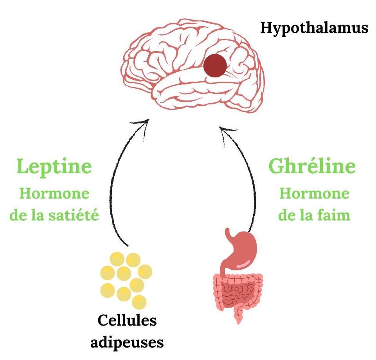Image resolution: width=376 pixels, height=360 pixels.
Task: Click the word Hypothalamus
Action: [x=315, y=29]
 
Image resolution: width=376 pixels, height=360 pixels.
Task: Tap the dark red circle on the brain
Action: [x=215, y=65]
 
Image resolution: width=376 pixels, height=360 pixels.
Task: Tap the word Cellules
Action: [x=127, y=321]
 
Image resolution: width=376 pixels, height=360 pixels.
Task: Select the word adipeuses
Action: [x=127, y=342]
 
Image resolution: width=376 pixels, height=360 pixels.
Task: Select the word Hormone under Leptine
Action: [x=54, y=193]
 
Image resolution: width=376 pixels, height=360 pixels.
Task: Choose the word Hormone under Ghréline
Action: [x=314, y=193]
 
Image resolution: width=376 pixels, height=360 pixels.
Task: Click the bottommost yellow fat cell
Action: [x=139, y=302]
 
